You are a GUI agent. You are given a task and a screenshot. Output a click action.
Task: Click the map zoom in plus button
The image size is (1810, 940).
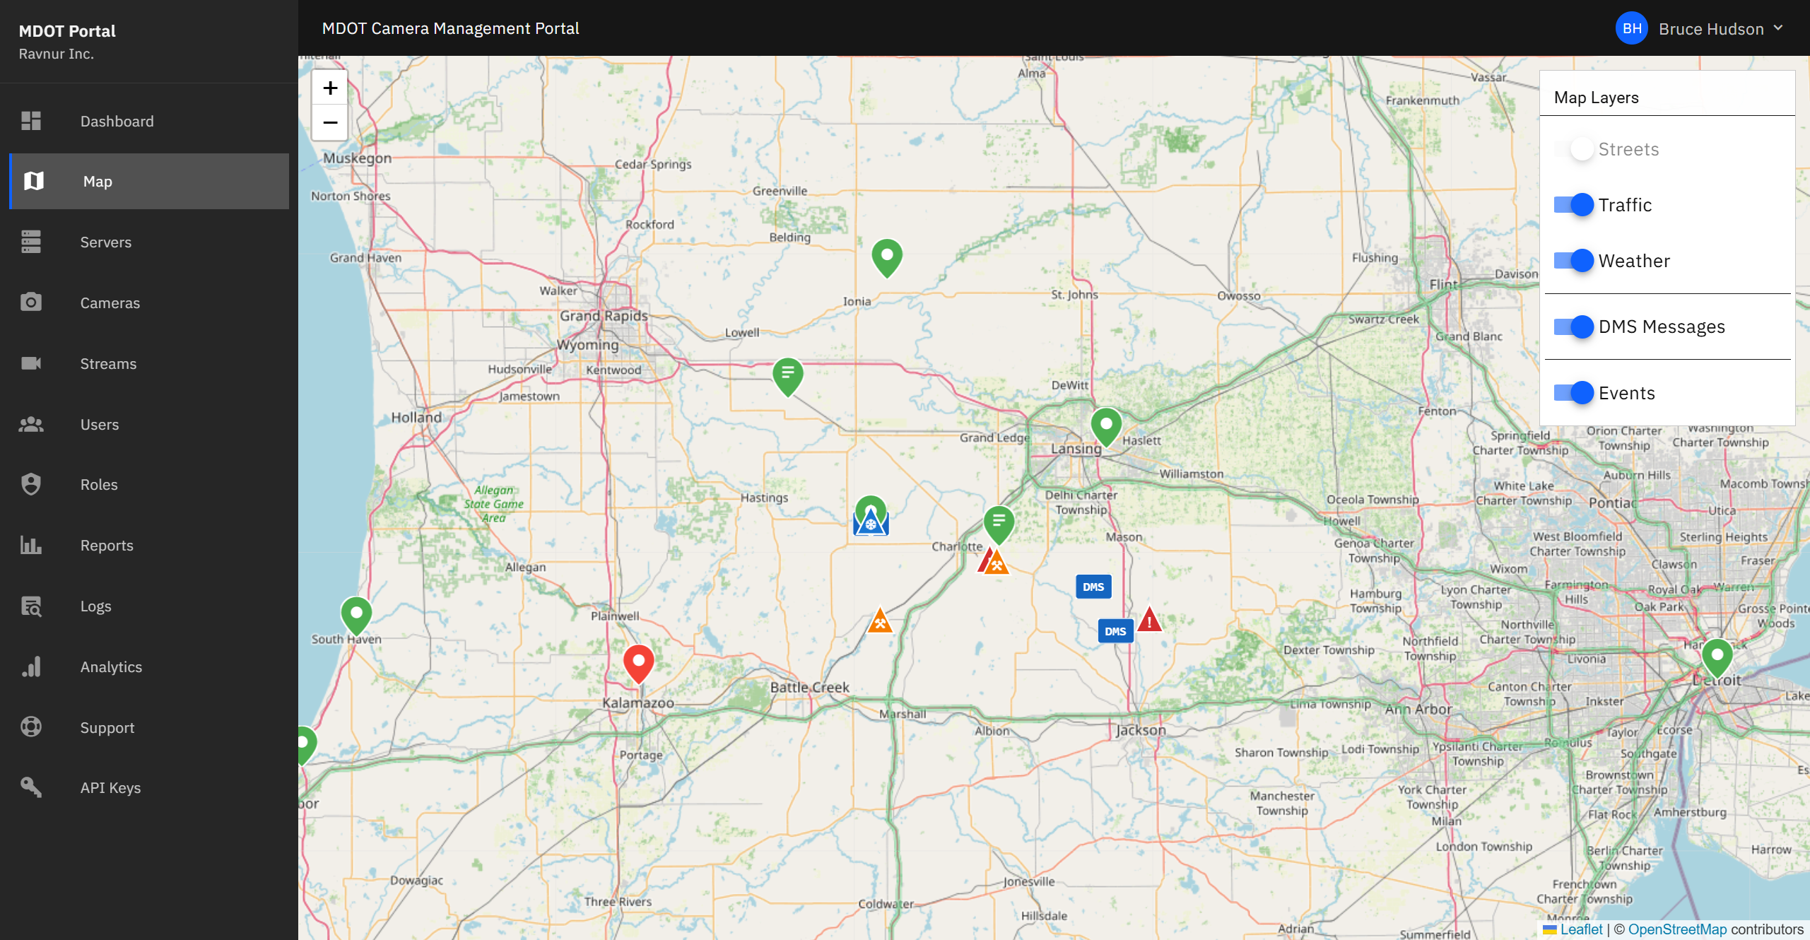(330, 88)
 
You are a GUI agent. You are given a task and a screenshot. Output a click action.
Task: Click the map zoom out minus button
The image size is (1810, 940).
(330, 123)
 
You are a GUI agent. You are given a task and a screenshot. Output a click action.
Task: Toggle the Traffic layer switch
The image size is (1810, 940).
(1573, 205)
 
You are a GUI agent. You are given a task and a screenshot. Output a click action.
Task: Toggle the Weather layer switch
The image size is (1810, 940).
(1573, 261)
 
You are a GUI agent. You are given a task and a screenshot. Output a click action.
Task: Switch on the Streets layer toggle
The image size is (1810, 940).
(1573, 149)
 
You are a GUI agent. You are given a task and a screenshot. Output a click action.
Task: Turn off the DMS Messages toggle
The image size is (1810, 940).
(1573, 327)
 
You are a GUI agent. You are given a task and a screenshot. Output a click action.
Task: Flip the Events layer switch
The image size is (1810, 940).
(1573, 393)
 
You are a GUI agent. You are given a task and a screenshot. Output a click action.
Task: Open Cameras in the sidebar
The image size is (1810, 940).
(110, 303)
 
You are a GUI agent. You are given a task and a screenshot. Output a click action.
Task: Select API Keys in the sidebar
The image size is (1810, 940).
(110, 788)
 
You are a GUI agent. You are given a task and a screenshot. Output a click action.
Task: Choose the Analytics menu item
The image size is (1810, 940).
(111, 667)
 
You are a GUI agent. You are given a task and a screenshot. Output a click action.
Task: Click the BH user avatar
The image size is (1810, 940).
(1632, 29)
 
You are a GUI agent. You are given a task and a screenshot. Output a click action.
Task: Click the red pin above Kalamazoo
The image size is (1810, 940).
(638, 662)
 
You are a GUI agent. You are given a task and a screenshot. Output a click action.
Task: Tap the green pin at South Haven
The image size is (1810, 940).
(356, 614)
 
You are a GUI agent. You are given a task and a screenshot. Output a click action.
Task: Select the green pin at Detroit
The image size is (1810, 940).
(1717, 657)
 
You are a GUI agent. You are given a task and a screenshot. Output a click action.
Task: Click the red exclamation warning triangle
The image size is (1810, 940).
(1149, 621)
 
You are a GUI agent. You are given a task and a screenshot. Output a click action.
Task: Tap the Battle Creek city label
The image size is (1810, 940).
(809, 687)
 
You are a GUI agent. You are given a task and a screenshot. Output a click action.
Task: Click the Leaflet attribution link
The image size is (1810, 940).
(1581, 929)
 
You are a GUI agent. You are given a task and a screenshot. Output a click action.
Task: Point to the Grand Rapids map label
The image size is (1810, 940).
(604, 316)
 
